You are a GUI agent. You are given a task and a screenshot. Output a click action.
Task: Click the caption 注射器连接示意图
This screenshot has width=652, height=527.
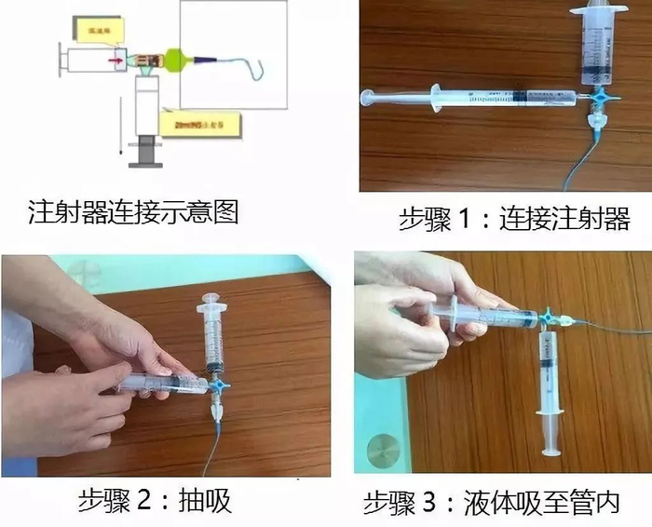coord(133,212)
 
